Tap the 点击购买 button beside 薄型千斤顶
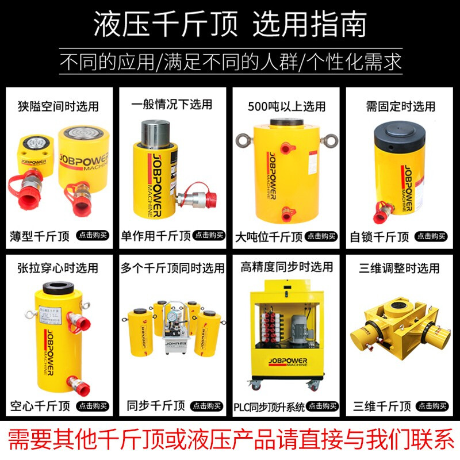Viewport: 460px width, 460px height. point(93,235)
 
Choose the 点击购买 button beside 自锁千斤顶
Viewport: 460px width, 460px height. point(432,236)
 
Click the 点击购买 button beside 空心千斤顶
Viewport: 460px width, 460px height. point(93,406)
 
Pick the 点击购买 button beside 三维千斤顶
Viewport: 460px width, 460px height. point(432,406)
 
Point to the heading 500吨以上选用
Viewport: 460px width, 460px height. point(286,106)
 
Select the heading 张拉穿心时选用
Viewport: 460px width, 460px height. point(57,268)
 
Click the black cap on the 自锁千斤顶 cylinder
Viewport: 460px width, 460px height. point(401,133)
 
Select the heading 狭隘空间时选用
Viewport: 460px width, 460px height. point(57,106)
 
